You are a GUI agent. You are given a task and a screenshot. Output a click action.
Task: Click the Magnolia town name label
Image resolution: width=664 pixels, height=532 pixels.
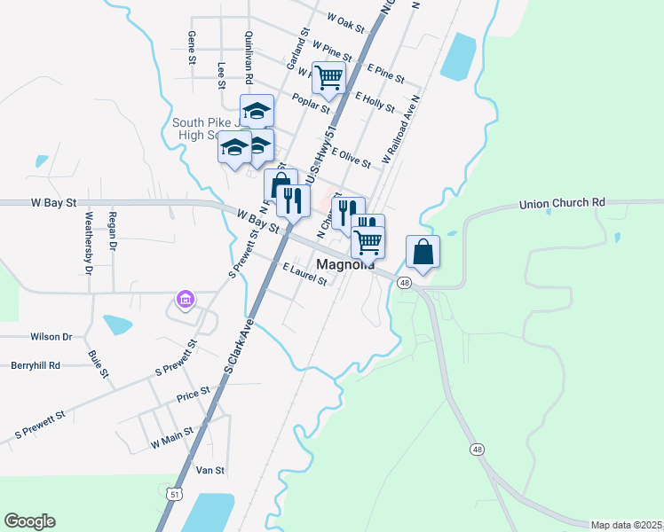click(344, 264)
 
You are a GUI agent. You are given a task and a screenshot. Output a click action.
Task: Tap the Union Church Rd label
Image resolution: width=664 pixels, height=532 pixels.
click(561, 203)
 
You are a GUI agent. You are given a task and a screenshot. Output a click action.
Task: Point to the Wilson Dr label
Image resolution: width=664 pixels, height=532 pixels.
click(51, 337)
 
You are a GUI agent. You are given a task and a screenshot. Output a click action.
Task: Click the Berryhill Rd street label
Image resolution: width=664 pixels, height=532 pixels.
click(36, 364)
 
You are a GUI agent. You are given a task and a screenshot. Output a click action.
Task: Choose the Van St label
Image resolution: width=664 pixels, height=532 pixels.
click(209, 470)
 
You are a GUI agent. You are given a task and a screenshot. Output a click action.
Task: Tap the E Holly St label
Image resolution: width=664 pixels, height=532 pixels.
click(374, 101)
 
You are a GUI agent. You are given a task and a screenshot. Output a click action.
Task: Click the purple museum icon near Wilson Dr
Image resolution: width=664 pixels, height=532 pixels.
click(185, 300)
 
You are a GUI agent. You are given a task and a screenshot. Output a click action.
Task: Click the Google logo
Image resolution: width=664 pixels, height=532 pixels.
click(29, 521)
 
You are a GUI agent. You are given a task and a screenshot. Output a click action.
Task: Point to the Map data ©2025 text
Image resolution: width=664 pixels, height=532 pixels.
click(627, 525)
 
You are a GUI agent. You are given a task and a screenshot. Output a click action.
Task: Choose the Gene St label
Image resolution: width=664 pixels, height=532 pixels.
click(191, 48)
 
